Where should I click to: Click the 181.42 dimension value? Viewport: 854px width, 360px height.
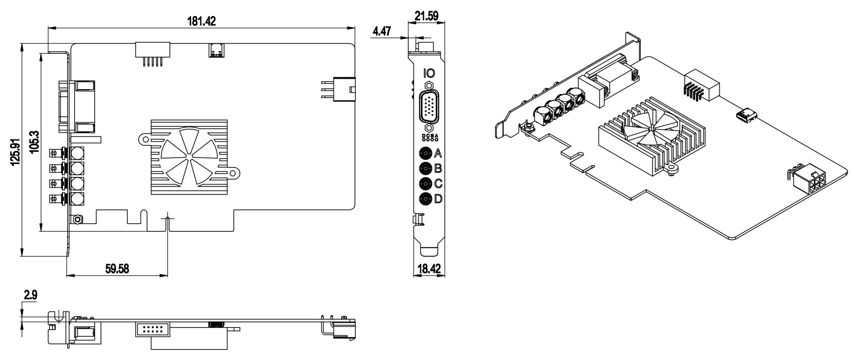click(x=201, y=21)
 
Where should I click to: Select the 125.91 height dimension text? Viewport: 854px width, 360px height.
click(x=15, y=152)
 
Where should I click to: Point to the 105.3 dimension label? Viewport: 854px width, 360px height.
click(x=34, y=142)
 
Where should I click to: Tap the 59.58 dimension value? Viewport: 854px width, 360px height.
click(x=117, y=269)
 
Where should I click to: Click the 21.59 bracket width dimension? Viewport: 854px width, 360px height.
click(x=426, y=16)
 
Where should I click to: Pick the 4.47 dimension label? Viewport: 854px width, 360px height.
click(x=382, y=32)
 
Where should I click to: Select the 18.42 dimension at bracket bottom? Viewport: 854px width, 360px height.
click(x=429, y=269)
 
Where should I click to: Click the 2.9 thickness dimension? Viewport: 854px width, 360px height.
click(x=30, y=295)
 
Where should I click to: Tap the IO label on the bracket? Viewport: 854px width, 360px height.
click(x=429, y=73)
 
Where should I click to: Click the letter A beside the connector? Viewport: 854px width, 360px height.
click(x=438, y=153)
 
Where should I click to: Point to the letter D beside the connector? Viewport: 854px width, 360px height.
click(x=438, y=199)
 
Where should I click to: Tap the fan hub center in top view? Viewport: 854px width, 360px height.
click(x=189, y=157)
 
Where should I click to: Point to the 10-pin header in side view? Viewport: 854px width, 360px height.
click(x=152, y=329)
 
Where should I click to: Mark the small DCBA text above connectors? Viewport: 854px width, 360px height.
click(x=430, y=137)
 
